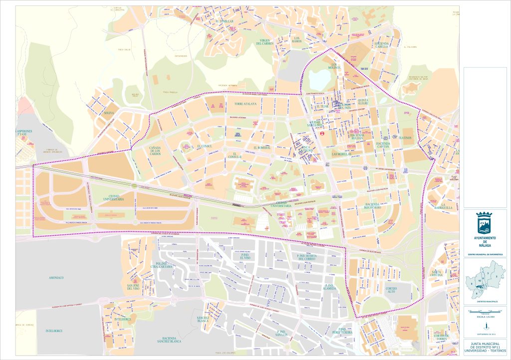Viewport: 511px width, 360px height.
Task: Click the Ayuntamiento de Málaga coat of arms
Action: click(485, 223)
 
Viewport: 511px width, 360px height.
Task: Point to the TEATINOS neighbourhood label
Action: click(405, 138)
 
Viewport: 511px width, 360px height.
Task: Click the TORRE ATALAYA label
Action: click(245, 104)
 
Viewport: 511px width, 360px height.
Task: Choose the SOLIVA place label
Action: click(109, 113)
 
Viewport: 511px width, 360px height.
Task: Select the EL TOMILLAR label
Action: click(225, 22)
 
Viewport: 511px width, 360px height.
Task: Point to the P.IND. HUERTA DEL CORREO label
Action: click(304, 257)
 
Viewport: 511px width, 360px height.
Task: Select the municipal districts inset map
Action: click(484, 282)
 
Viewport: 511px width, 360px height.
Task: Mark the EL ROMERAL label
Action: click(261, 148)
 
